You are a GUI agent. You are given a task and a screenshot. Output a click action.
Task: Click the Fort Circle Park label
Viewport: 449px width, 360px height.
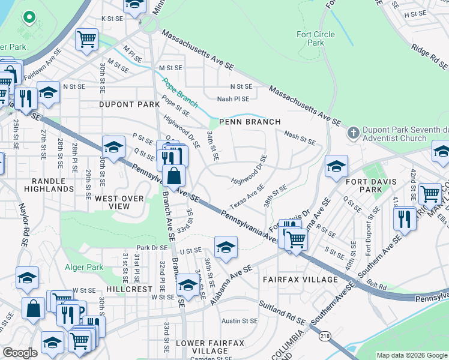pyautogui.click(x=310, y=38)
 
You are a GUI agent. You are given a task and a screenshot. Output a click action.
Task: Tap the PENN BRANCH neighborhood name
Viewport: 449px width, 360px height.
pyautogui.click(x=250, y=122)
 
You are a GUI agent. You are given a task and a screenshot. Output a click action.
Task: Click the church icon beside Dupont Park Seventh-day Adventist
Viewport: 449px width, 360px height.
pyautogui.click(x=354, y=132)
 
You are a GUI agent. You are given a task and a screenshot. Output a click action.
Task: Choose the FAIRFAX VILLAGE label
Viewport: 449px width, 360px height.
pyautogui.click(x=300, y=280)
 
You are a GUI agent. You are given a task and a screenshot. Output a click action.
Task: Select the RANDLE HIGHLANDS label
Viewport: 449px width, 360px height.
pyautogui.click(x=49, y=184)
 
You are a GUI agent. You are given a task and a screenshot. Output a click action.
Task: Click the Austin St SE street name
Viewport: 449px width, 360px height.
pyautogui.click(x=239, y=321)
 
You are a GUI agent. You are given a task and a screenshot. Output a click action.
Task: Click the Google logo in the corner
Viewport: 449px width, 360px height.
pyautogui.click(x=20, y=353)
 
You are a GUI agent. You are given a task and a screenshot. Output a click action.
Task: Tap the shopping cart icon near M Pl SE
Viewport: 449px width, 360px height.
pyautogui.click(x=87, y=39)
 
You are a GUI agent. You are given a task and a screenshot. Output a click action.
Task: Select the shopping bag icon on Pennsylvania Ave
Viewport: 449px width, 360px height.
pyautogui.click(x=173, y=177)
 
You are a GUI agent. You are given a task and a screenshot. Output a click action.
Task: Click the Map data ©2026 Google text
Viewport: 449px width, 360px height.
pyautogui.click(x=411, y=355)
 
